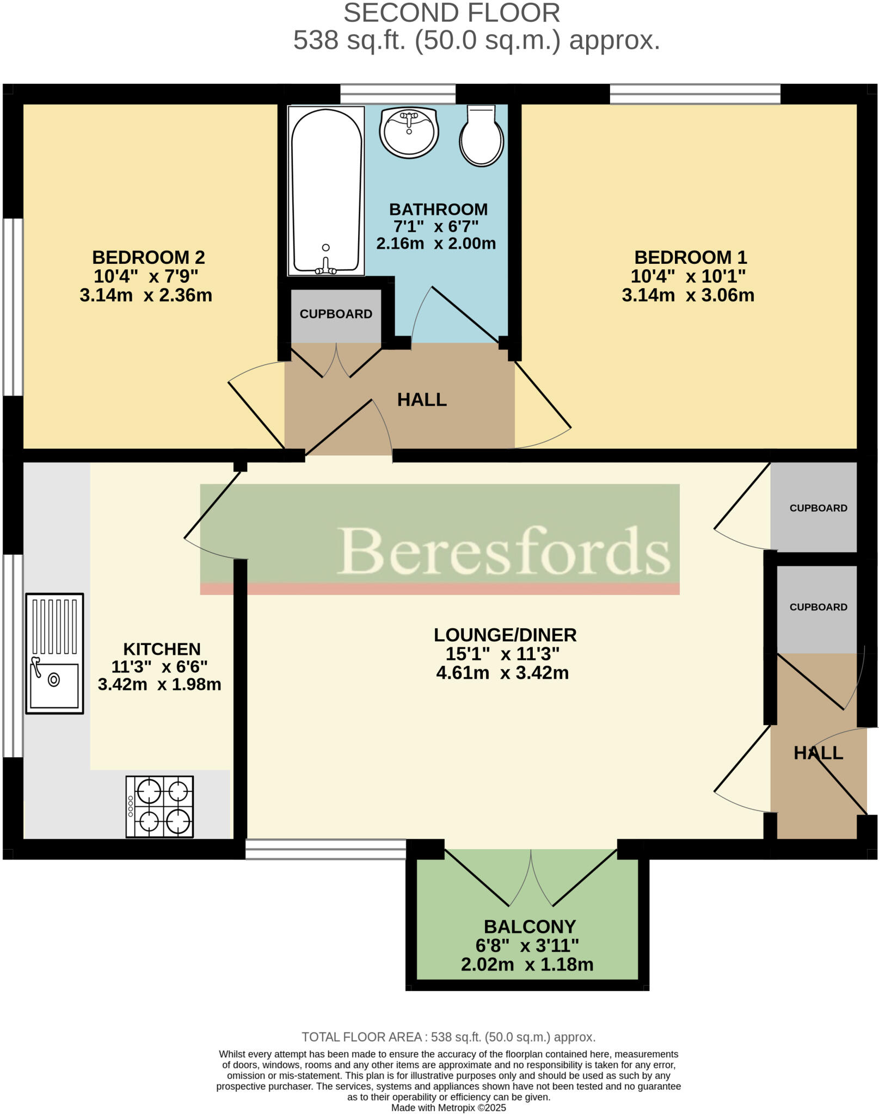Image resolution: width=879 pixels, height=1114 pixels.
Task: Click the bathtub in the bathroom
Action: point(326,190)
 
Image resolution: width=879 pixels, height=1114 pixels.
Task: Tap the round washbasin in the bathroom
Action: point(409,132)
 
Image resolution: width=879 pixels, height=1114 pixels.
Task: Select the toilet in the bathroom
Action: point(481,136)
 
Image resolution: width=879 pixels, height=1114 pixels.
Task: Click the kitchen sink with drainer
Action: point(54,653)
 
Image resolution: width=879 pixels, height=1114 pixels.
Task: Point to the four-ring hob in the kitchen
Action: point(159,806)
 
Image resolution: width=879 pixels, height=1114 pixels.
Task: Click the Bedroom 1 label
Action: point(690,257)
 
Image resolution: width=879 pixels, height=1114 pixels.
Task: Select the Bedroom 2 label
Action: point(148,257)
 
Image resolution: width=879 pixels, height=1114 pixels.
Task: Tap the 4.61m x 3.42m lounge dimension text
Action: point(502,673)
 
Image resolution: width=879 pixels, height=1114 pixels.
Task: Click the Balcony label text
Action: point(530,926)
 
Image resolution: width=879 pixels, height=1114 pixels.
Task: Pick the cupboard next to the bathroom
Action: point(336,315)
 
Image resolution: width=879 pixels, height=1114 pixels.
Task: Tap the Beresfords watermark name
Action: point(503,550)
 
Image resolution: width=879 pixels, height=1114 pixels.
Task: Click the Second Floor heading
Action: point(451,13)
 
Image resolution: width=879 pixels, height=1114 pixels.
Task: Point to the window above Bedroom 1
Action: point(694,94)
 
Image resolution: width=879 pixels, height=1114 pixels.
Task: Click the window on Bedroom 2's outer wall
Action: point(13,307)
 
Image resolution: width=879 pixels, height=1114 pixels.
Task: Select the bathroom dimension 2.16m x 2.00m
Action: point(436,243)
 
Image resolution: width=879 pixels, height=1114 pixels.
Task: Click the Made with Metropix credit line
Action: point(448,1107)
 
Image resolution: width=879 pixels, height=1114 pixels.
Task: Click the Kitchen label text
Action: point(162,649)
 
